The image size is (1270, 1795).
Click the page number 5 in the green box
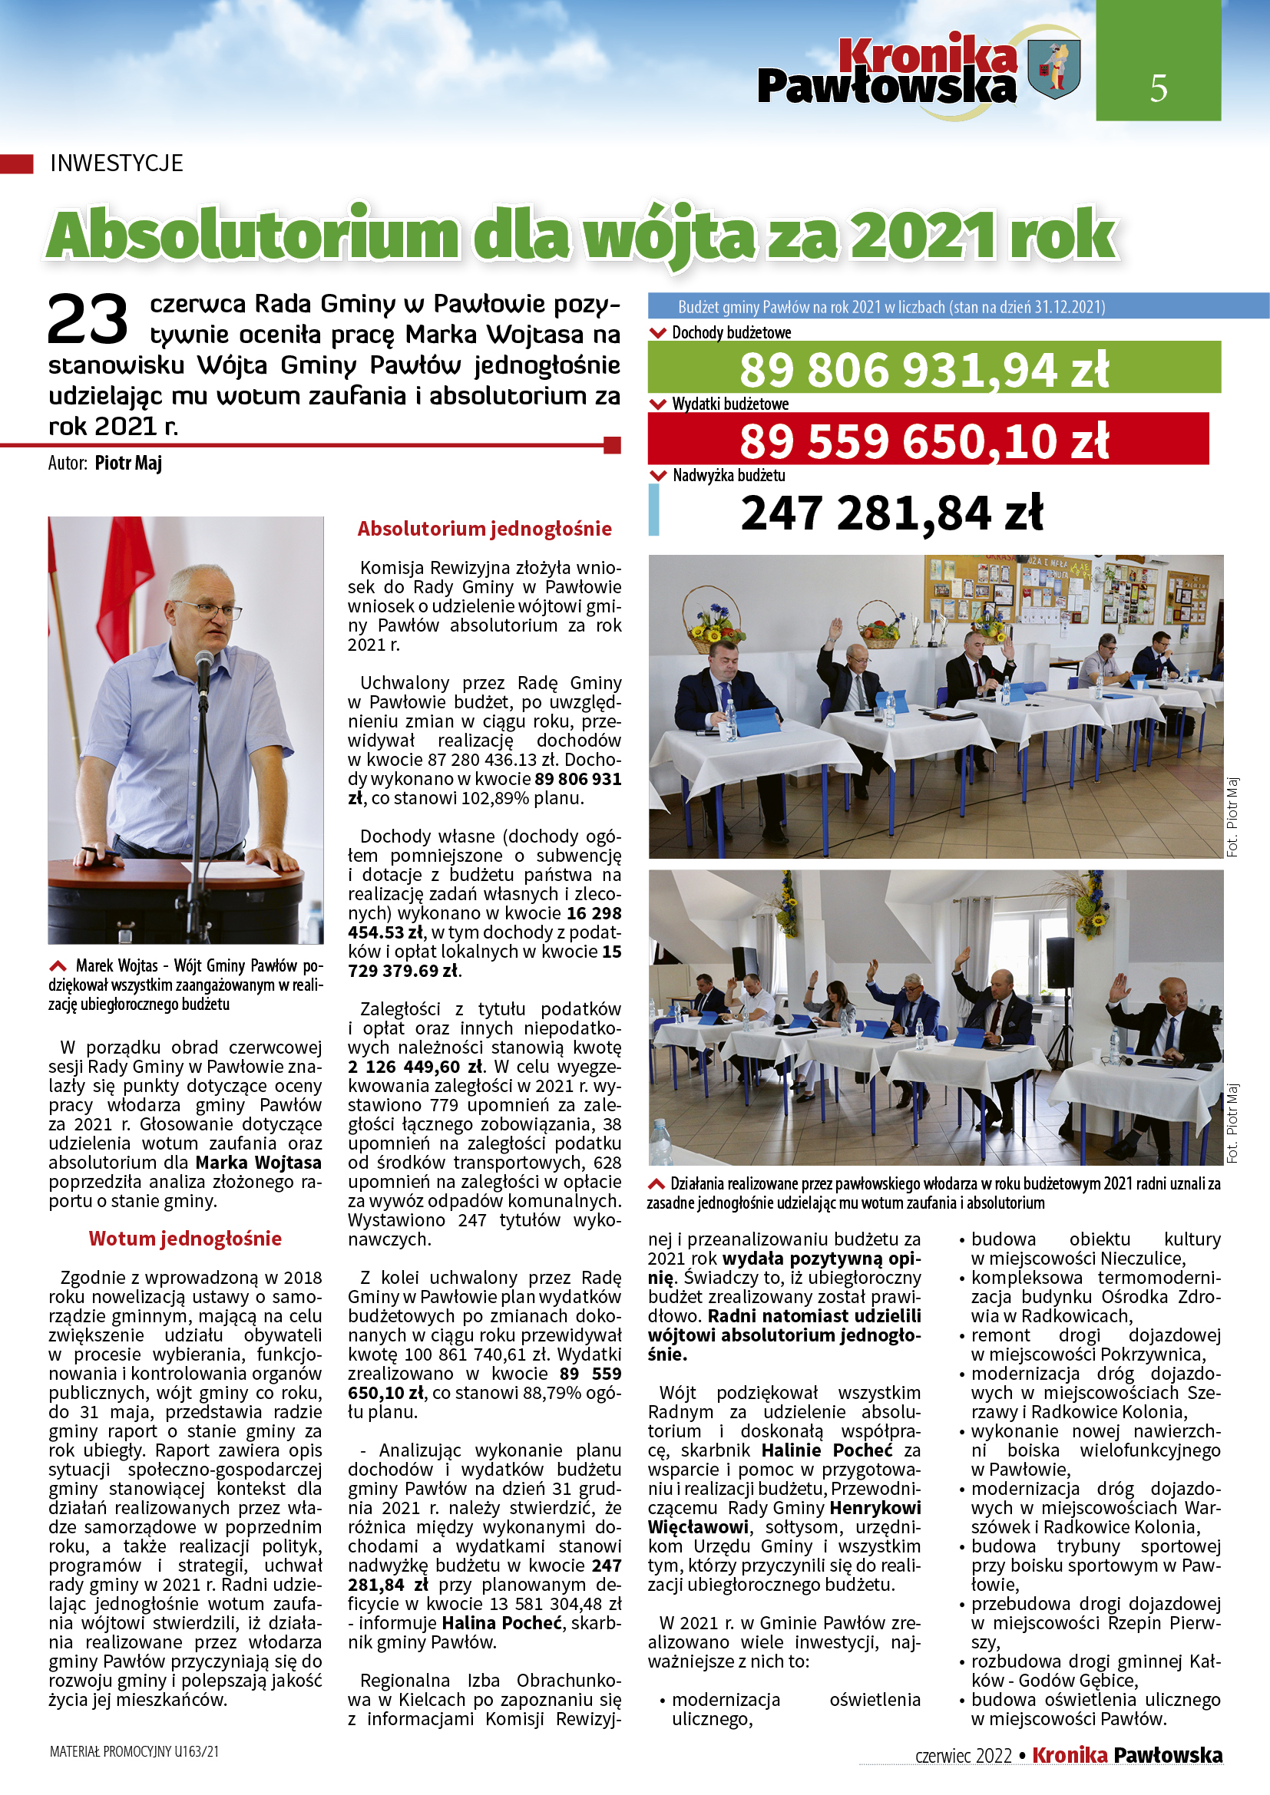[x=1158, y=88]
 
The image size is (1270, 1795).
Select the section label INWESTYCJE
[x=117, y=163]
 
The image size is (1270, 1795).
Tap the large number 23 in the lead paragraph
[x=88, y=319]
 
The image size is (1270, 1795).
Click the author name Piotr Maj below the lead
[x=128, y=463]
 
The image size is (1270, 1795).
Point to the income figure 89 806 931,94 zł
[x=924, y=370]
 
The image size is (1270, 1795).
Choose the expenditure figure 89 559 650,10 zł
[x=924, y=441]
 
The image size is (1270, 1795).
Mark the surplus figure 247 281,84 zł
[x=891, y=513]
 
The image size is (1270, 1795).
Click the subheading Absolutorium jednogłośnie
[x=484, y=530]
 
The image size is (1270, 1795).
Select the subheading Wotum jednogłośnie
[x=184, y=1239]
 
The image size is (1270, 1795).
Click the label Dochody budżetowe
[x=731, y=333]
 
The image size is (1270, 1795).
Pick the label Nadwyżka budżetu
[x=729, y=475]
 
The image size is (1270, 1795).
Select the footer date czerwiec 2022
[x=964, y=1755]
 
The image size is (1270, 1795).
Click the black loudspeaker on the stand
[x=1060, y=961]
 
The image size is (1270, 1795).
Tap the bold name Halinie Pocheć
[x=830, y=1450]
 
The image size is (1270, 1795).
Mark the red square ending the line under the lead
[x=612, y=446]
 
